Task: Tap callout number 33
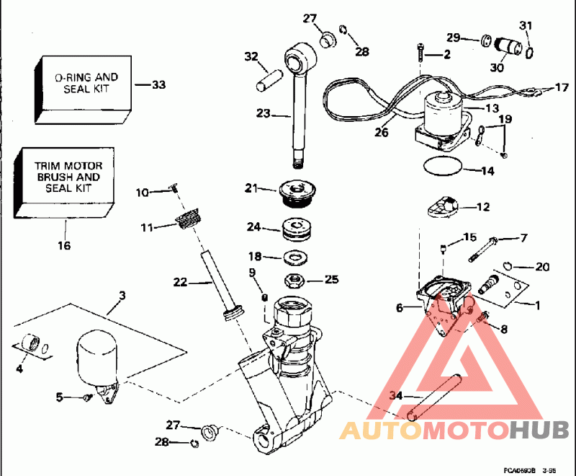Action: pyautogui.click(x=158, y=85)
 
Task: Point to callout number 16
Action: pyautogui.click(x=64, y=246)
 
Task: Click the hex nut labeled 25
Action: pyautogui.click(x=293, y=278)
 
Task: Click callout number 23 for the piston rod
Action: pyautogui.click(x=262, y=113)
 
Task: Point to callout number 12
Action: pyautogui.click(x=482, y=207)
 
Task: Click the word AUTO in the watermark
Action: pyautogui.click(x=381, y=431)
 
